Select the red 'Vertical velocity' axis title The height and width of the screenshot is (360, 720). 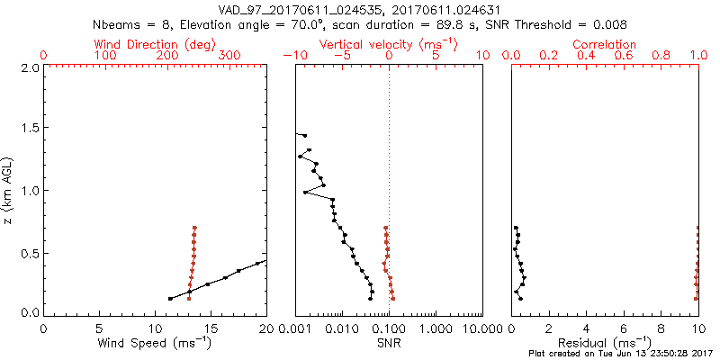pyautogui.click(x=388, y=44)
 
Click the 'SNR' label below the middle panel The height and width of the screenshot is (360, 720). pyautogui.click(x=389, y=344)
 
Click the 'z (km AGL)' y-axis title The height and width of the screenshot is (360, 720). pyautogui.click(x=8, y=190)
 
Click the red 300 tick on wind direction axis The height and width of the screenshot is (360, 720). pyautogui.click(x=229, y=57)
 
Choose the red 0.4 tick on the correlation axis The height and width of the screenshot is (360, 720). pyautogui.click(x=587, y=57)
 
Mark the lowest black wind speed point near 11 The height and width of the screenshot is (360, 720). pyautogui.click(x=170, y=299)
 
